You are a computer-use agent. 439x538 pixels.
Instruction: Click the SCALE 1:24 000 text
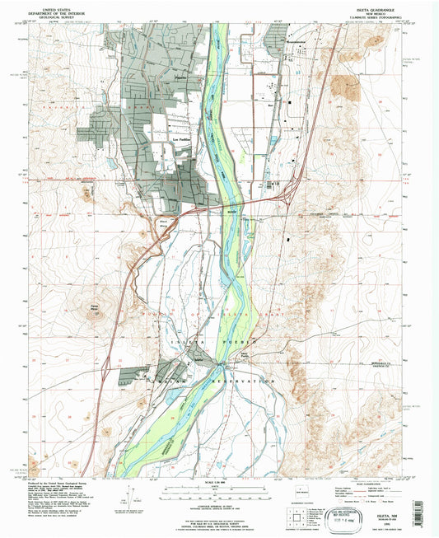click(x=219, y=483)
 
